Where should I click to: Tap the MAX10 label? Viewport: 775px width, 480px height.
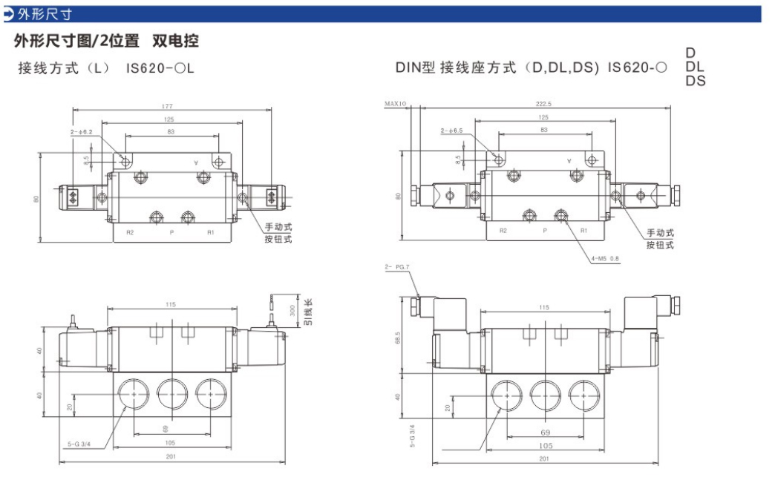(396, 105)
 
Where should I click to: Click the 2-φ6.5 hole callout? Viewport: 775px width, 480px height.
(451, 131)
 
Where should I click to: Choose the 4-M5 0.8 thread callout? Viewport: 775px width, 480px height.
(605, 259)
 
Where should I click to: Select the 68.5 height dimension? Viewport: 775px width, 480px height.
(399, 337)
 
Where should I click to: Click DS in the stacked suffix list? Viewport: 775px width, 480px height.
(696, 81)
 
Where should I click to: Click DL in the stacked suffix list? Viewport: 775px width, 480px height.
(695, 67)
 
